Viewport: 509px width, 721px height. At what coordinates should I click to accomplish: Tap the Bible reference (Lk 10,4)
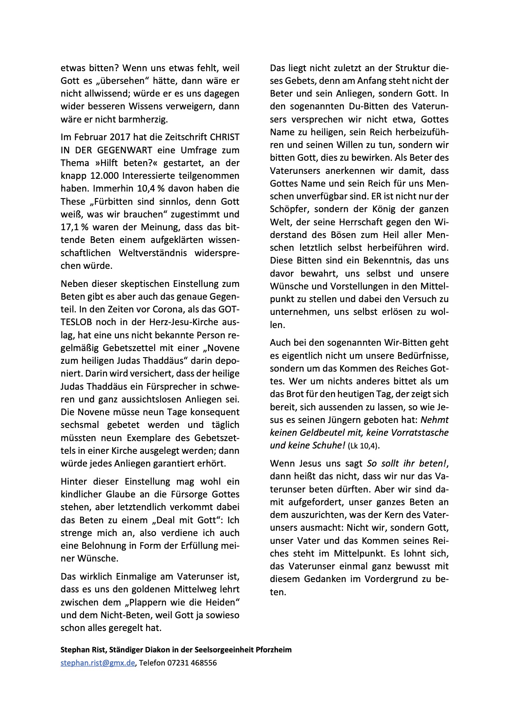coord(363,446)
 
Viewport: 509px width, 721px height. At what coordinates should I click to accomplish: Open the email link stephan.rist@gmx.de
coord(98,663)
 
